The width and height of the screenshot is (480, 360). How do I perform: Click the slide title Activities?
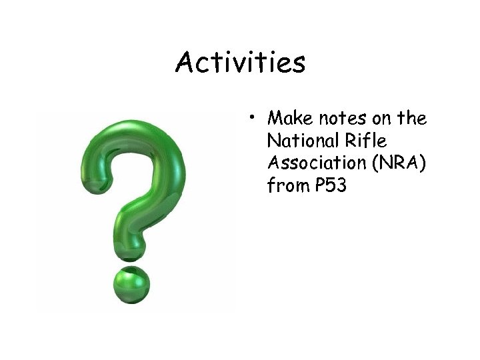(x=240, y=63)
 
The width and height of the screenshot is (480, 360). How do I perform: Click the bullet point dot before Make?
(x=255, y=119)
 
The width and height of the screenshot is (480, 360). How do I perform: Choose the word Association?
(x=311, y=164)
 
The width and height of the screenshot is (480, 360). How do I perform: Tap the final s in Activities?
(x=297, y=65)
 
